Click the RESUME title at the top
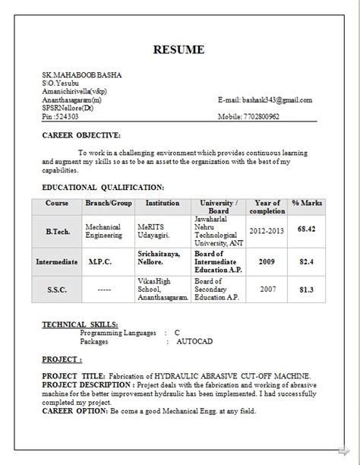coord(179,50)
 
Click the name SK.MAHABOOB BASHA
coord(82,75)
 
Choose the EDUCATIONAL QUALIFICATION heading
coord(103,187)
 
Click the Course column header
coord(57,204)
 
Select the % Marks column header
coord(307,204)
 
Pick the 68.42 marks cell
coord(307,227)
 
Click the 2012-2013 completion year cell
coord(268,227)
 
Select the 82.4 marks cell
coord(307,261)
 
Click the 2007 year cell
coord(268,289)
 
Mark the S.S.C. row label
coord(57,289)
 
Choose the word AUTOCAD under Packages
coord(196,343)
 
